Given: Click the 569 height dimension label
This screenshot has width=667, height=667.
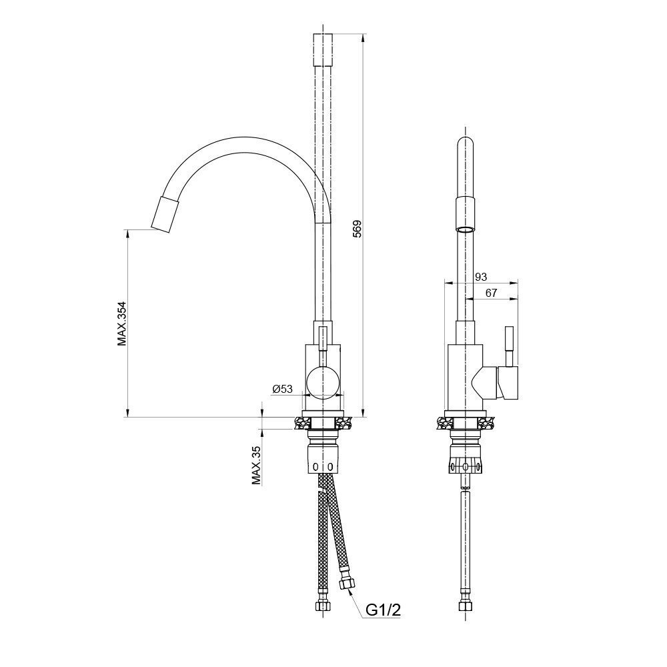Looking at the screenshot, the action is pos(357,228).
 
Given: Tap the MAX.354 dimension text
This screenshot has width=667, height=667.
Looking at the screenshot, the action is pos(123,323).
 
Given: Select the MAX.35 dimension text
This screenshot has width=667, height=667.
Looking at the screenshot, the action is pos(256,466).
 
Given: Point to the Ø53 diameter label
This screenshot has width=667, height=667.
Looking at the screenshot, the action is pos(282,388).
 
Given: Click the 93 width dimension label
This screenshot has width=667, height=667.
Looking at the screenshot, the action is pos(481,277).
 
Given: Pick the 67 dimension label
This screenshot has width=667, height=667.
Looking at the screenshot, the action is pos(491,293).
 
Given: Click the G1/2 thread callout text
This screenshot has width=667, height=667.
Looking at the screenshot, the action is pos(384,610).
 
